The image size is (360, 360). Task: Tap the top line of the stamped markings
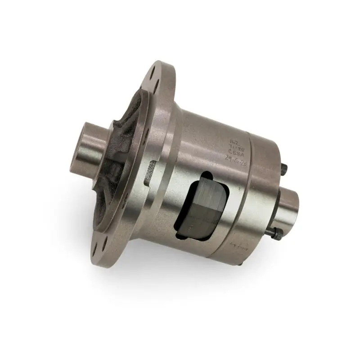tap(234, 139)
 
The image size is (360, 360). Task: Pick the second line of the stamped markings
tap(234, 146)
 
